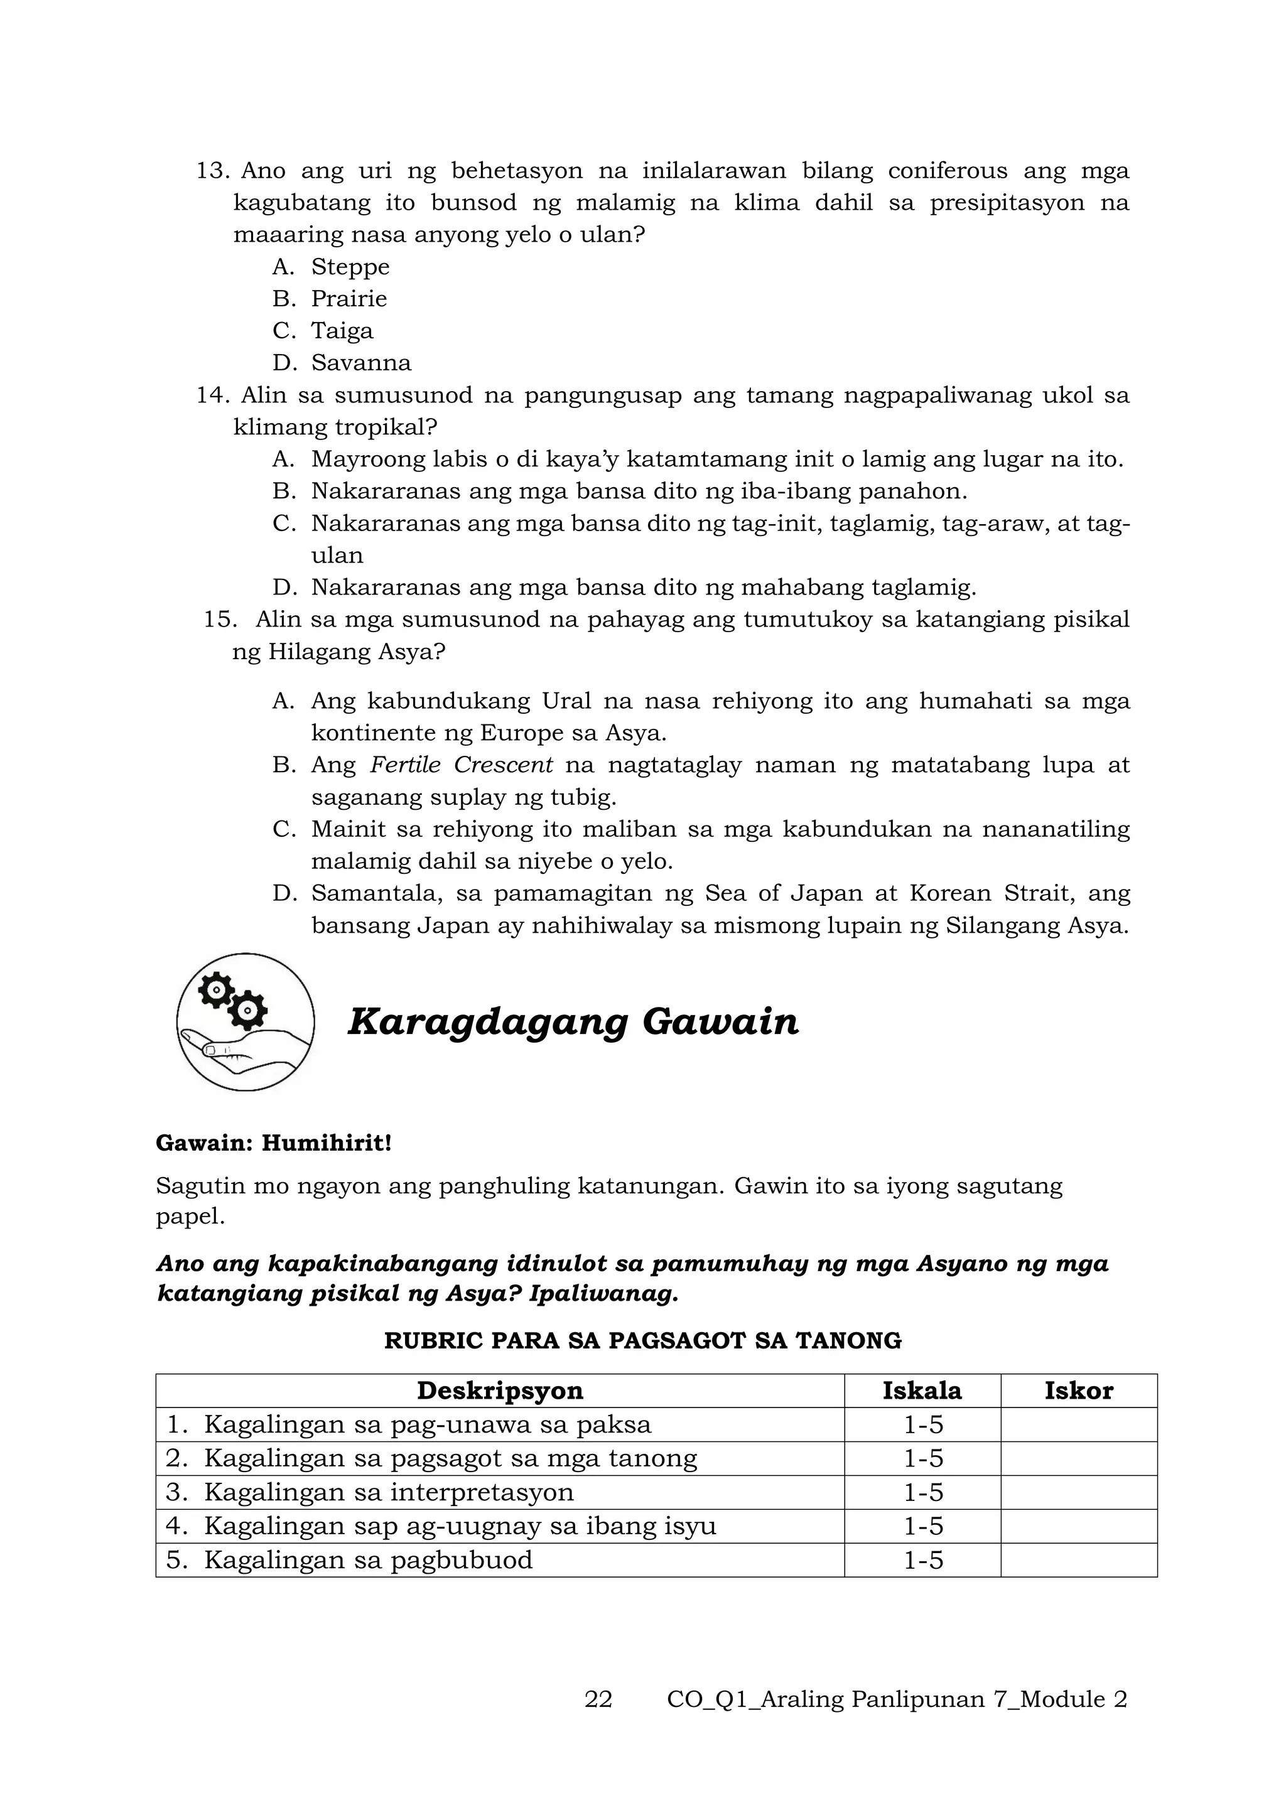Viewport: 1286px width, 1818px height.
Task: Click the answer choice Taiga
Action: (x=342, y=331)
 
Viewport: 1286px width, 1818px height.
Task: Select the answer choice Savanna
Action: (x=361, y=363)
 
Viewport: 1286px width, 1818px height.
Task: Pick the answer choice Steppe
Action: (x=350, y=267)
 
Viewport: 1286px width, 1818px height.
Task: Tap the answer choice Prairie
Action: (x=349, y=299)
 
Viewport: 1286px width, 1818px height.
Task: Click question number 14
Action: (x=212, y=395)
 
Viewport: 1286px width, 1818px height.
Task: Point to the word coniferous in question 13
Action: (x=947, y=171)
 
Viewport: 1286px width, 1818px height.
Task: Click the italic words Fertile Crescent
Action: (x=462, y=765)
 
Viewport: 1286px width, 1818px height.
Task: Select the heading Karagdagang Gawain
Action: (x=573, y=1022)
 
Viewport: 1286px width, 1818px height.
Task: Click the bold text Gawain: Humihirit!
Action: (x=274, y=1143)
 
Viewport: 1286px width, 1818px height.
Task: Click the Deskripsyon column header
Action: (x=500, y=1390)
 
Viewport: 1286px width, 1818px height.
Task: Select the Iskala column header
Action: (x=922, y=1390)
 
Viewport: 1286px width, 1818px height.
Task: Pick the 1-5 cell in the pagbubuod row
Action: (x=923, y=1560)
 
